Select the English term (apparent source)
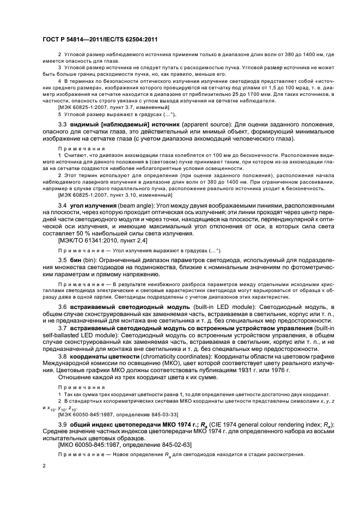click(x=182, y=125)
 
